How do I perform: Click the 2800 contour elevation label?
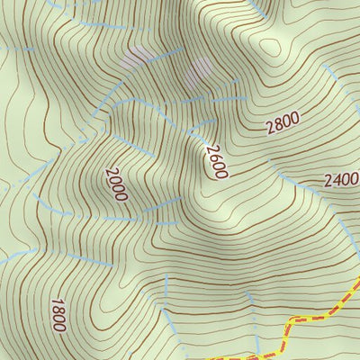coord(283,124)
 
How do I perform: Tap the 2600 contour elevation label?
coord(215,161)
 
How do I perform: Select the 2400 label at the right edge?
coord(342,179)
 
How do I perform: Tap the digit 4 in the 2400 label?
coord(335,181)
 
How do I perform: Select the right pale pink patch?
coord(200,67)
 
